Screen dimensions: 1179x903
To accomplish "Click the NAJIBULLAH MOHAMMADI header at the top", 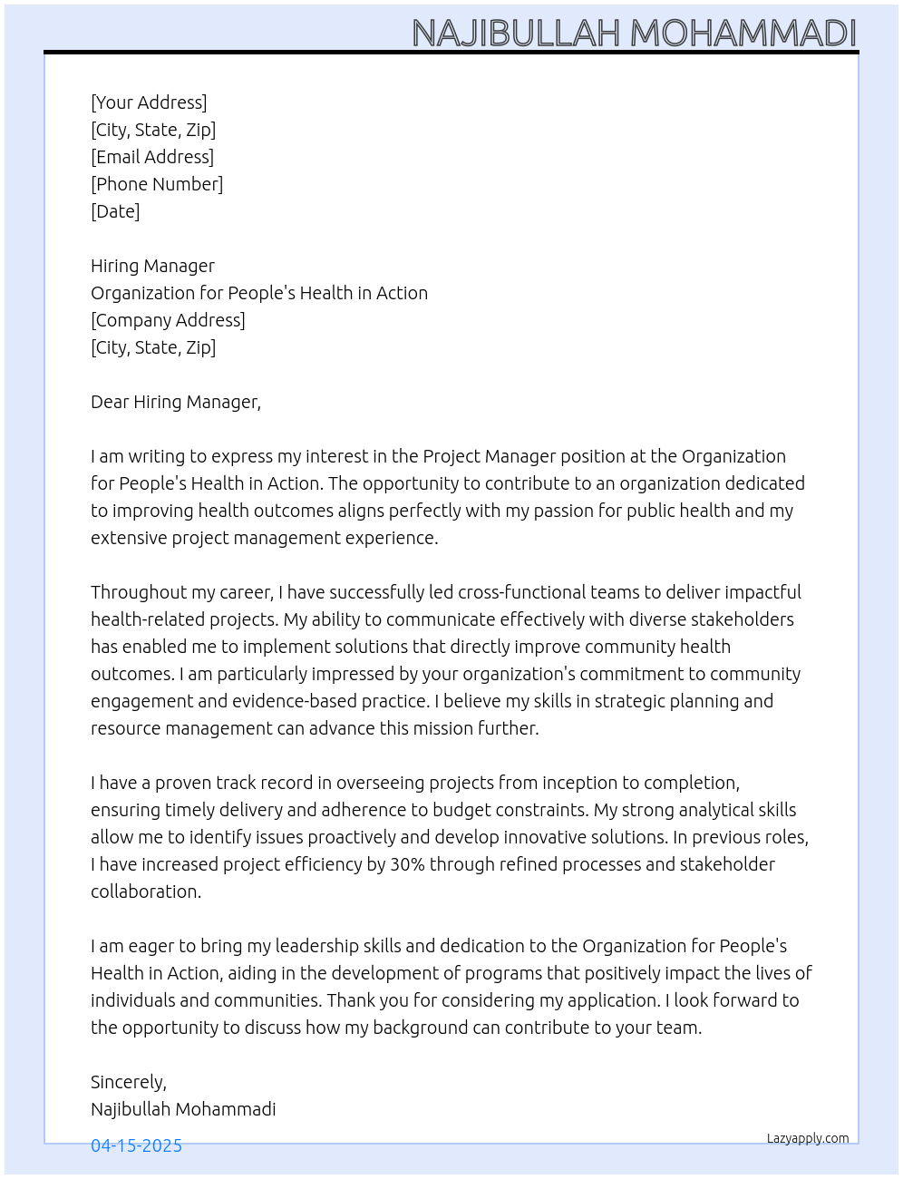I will point(634,33).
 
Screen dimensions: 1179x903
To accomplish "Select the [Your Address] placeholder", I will point(149,102).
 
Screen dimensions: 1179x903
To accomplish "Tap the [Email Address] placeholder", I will point(152,157).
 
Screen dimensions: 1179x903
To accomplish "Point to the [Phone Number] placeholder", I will point(157,184).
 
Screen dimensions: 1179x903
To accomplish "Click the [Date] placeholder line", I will point(115,211).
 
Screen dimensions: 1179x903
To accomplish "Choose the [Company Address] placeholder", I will point(168,320).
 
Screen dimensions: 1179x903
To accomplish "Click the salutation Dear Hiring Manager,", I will point(176,402).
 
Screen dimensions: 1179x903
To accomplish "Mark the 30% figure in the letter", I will point(407,864).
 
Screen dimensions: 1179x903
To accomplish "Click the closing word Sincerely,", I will point(129,1082).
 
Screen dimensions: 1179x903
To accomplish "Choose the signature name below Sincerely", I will point(183,1109).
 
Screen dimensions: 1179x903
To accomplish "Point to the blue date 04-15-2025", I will point(136,1145).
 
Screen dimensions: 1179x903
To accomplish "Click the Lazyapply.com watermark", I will point(808,1138).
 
